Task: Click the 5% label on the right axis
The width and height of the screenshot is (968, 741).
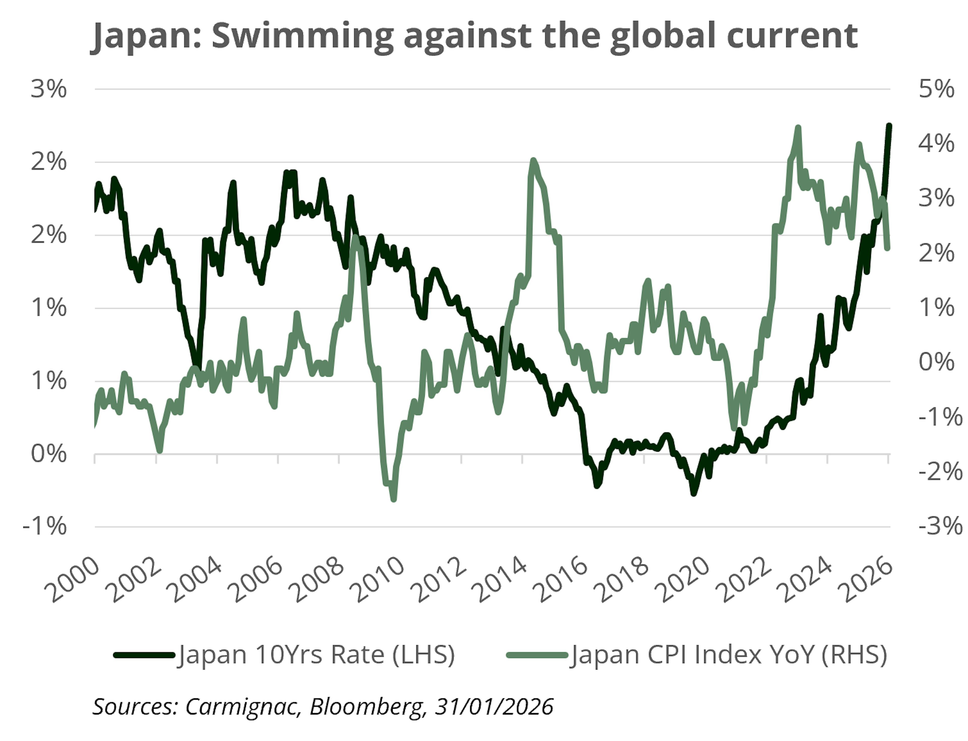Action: pos(936,89)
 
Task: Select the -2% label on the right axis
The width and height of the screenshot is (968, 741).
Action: pos(940,472)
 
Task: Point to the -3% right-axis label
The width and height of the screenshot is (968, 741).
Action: pos(940,526)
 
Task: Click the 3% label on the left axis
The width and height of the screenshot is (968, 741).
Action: pos(49,89)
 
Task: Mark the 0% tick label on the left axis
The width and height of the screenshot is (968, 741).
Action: pos(49,454)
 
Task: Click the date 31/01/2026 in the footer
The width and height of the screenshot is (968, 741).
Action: pos(494,707)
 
